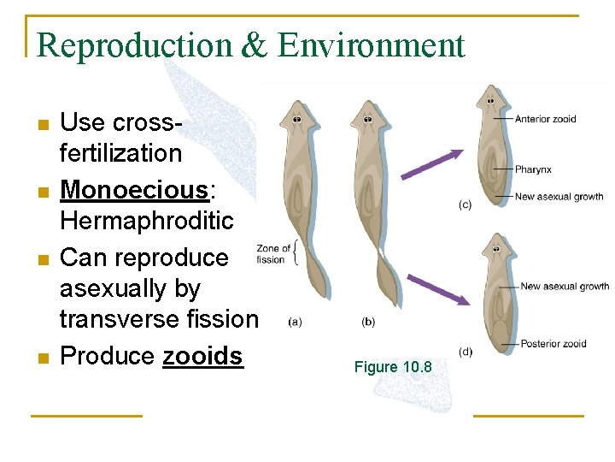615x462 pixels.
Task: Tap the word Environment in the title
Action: point(371,45)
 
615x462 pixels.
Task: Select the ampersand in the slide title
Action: point(255,45)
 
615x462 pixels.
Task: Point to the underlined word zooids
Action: point(202,356)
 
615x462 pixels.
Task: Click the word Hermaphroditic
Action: point(146,221)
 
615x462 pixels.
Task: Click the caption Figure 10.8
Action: point(393,367)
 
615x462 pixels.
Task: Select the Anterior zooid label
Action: point(545,119)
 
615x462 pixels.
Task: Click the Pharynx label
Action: point(533,169)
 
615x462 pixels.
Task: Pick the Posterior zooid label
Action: point(553,343)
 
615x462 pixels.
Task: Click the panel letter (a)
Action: point(294,322)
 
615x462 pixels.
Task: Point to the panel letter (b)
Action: point(368,322)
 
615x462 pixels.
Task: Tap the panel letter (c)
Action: point(466,204)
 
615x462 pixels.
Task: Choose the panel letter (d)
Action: point(466,352)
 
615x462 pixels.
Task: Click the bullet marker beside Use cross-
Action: point(43,125)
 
